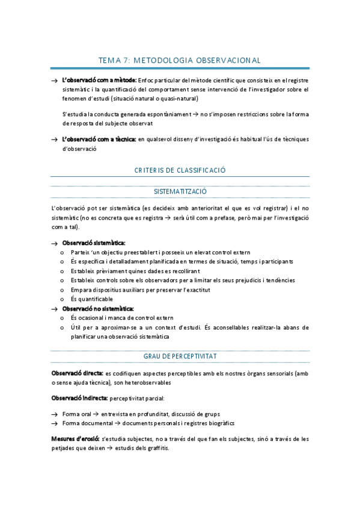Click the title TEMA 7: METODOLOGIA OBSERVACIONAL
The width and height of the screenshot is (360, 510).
click(180, 60)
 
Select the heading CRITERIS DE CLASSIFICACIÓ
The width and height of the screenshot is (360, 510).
click(180, 170)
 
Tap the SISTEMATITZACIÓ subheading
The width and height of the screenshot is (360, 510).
click(180, 191)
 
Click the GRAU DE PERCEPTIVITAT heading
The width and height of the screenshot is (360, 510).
click(180, 357)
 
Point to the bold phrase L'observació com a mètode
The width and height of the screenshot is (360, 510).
click(99, 81)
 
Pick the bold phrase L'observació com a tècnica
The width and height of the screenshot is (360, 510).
click(99, 139)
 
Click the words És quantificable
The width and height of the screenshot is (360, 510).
click(91, 299)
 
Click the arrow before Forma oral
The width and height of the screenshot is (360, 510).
click(54, 414)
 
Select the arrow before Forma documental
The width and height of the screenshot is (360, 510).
click(54, 423)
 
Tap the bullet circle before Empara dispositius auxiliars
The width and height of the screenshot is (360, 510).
click(63, 290)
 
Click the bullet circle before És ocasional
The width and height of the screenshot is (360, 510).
click(63, 318)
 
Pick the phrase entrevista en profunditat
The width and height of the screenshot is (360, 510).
click(132, 414)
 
